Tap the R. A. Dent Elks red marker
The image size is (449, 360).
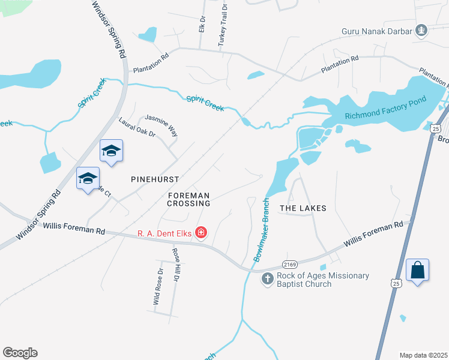click(x=200, y=232)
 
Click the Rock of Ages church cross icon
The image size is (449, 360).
click(x=268, y=280)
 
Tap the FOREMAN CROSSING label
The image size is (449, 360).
click(x=189, y=199)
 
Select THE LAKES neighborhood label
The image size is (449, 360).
click(x=303, y=208)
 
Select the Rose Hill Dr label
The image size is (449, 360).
click(x=176, y=265)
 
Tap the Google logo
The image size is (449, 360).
click(x=20, y=353)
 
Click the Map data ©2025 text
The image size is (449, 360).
click(x=423, y=355)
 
